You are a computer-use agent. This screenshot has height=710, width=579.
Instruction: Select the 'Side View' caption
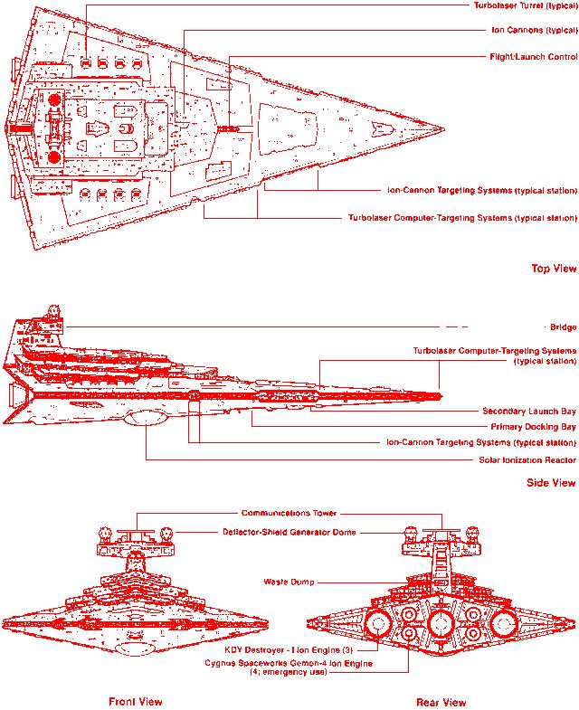(551, 482)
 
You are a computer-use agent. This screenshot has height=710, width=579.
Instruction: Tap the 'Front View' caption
(136, 701)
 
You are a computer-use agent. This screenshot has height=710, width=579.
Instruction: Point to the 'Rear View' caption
(441, 701)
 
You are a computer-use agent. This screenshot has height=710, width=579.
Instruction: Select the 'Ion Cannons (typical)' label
(531, 30)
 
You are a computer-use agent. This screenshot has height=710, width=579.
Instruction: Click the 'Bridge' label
(562, 327)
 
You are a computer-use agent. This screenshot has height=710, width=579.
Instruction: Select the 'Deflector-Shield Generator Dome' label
(289, 532)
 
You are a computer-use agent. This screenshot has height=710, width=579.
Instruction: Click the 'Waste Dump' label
(289, 582)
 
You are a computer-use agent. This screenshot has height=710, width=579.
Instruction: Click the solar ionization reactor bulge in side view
(145, 418)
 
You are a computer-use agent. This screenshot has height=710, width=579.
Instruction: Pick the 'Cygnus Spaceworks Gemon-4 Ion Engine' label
(289, 664)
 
